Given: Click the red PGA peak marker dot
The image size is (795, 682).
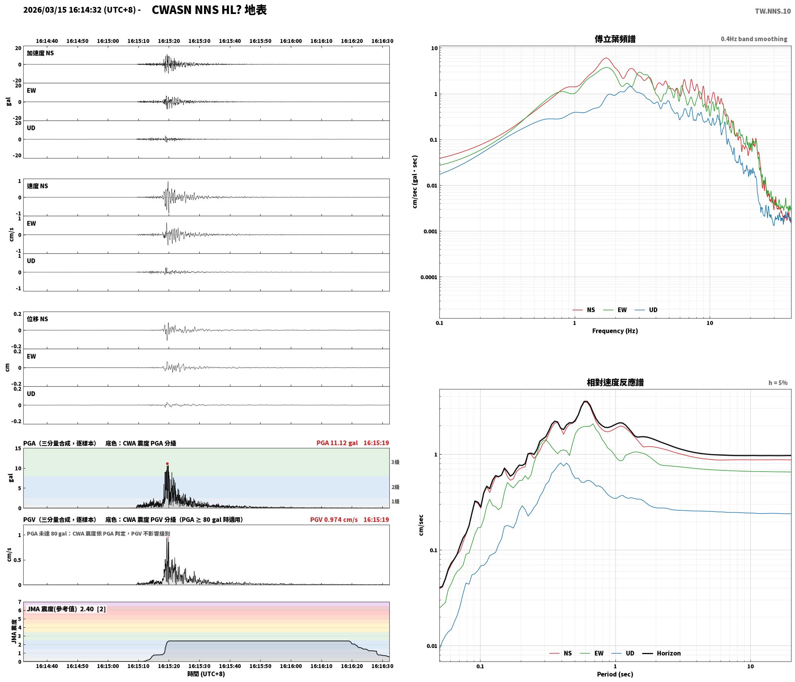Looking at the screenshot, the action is tap(167, 463).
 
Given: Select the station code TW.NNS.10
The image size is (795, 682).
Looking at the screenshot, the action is tap(773, 11).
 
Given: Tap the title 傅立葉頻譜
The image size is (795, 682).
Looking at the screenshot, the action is tap(615, 39).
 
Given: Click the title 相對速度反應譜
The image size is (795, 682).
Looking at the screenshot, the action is tap(615, 382).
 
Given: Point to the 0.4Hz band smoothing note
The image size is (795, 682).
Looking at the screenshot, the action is tap(754, 39).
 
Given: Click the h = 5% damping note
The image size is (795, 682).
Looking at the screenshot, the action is tap(778, 383).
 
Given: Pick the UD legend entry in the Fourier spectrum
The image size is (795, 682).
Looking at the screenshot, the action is tap(646, 310).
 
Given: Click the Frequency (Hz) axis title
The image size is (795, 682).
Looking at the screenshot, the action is tap(615, 331).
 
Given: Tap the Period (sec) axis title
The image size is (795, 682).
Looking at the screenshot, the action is tap(615, 674).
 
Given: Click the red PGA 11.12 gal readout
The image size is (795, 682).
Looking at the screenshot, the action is tap(337, 443).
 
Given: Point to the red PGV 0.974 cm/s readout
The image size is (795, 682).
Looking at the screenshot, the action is tap(334, 520).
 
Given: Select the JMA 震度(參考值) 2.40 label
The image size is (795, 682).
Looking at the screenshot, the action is tap(60, 609).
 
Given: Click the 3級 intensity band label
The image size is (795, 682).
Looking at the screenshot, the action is tap(395, 462).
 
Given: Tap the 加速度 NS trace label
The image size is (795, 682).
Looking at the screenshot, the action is tap(40, 53).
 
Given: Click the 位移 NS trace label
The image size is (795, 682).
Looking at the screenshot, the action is tap(37, 319).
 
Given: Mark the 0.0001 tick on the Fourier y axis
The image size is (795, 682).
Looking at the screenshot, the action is tap(429, 277).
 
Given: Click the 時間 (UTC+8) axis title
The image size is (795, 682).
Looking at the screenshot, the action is tap(206, 674).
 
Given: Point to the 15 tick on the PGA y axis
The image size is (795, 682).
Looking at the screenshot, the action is tap(18, 449).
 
